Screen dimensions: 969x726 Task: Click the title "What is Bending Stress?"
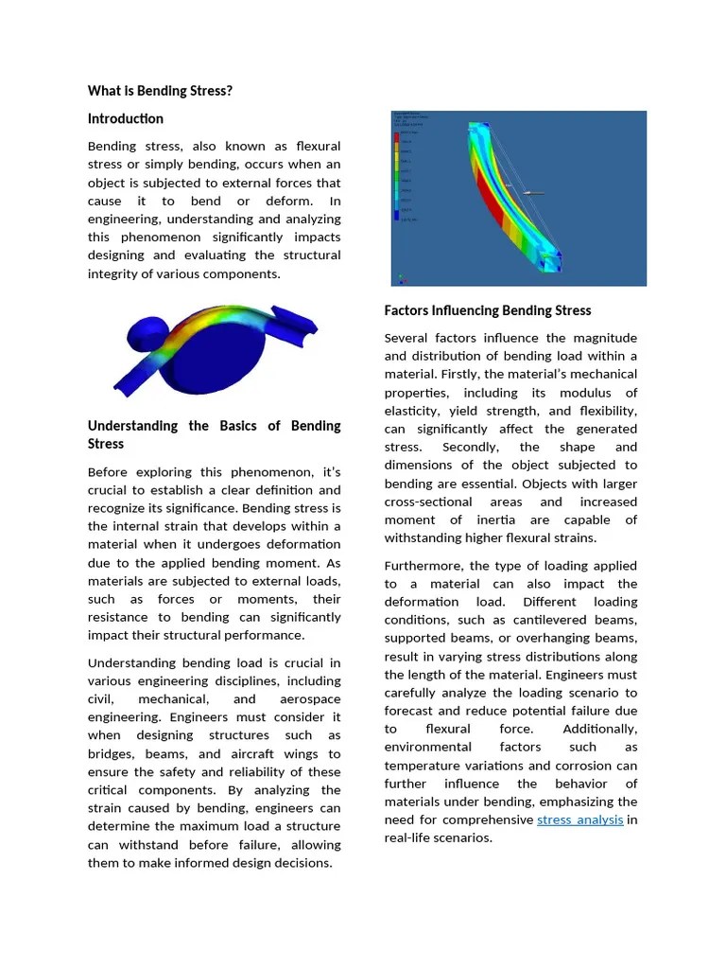tap(160, 91)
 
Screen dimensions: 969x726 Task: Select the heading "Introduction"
tap(126, 118)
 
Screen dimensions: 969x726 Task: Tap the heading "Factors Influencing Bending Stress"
tap(488, 310)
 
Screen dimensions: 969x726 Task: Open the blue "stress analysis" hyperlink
tap(579, 819)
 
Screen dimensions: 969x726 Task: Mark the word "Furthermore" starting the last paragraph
tap(423, 565)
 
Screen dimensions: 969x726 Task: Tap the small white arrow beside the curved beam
tap(531, 193)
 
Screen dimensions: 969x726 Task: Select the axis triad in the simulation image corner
tap(401, 278)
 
